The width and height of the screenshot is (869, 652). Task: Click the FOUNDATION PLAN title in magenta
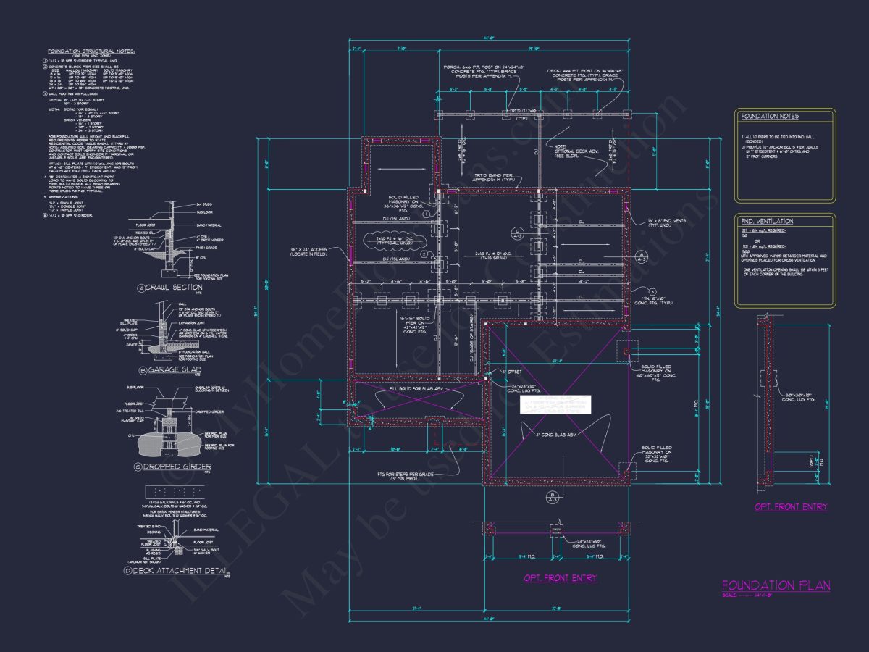click(776, 585)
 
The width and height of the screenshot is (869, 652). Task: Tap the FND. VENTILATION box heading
click(767, 221)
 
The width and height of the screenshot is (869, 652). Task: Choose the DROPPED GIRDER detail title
click(178, 468)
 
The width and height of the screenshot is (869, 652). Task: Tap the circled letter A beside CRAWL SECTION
click(142, 288)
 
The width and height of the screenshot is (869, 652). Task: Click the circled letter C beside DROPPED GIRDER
click(138, 468)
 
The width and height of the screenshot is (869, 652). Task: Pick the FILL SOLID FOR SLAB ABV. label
click(415, 389)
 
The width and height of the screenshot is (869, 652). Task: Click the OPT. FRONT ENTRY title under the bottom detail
click(561, 578)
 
